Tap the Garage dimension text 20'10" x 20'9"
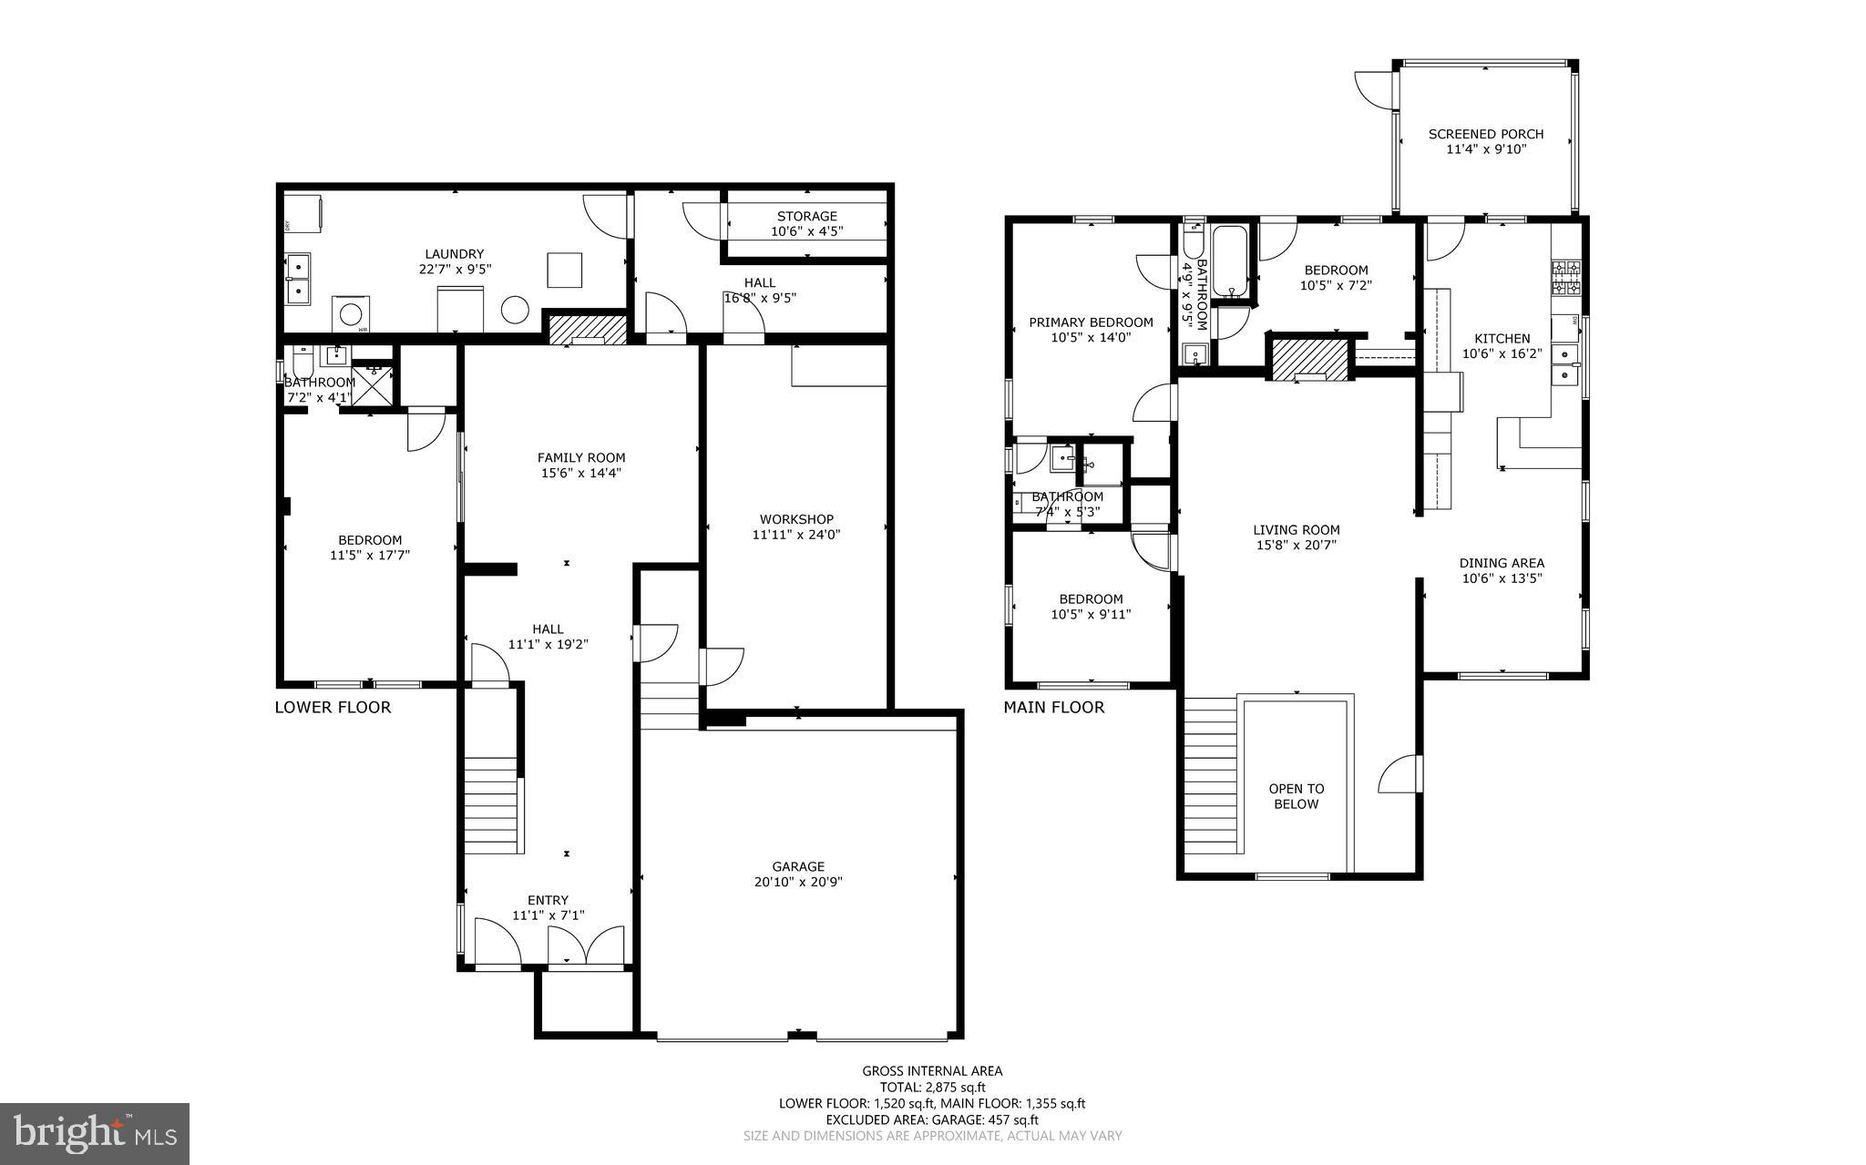(x=798, y=882)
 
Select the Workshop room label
(x=796, y=519)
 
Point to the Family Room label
(x=581, y=458)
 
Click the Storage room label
(x=806, y=216)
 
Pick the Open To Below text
(x=1296, y=796)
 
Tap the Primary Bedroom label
(x=1091, y=322)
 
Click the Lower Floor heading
(x=333, y=707)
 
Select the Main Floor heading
(x=1053, y=707)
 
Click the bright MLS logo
(x=95, y=1133)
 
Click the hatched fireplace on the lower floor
(x=588, y=328)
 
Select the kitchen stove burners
(x=1566, y=278)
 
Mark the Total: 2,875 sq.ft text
(x=932, y=1087)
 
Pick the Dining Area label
(x=1502, y=563)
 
